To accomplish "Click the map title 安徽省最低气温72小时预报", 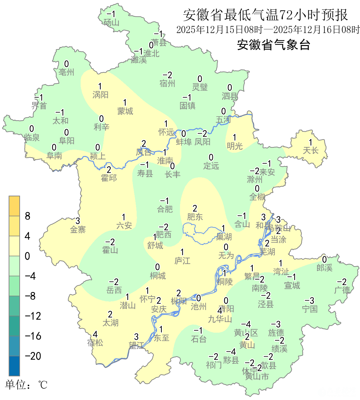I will pos(265,15).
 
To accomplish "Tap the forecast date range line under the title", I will pos(268,30).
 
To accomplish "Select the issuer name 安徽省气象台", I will pos(274,45).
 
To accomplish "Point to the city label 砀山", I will pos(111,22).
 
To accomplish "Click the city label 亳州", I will pos(66,72).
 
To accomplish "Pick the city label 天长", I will pos(311,151).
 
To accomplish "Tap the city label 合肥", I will pos(165,209).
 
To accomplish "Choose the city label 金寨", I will pos(78,229).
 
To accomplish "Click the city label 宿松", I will pos(95,343).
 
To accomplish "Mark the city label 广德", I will pos(342,290).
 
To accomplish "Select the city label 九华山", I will pos(220,319).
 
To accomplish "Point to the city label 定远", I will pos(211,166).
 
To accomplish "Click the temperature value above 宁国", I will pos(310,301).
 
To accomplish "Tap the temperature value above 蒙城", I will pos(125,103).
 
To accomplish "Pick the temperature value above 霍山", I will pos(110,242).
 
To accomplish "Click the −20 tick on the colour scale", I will pos(33,356).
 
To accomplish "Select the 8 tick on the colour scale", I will pos(28,216).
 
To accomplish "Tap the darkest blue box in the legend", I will pos(14,366).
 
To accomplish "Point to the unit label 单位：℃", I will pos(26,385).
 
